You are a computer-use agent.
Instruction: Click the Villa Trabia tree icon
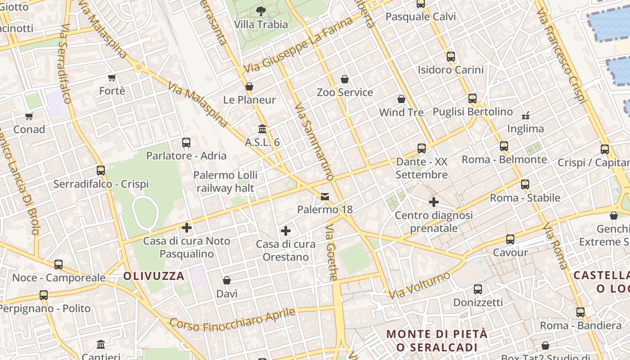coord(261,11)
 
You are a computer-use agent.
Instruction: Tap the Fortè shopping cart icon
coord(112,78)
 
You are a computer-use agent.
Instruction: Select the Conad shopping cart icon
coord(29,116)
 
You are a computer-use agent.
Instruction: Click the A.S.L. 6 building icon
coord(262,129)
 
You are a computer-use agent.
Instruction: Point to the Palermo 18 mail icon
coord(325,196)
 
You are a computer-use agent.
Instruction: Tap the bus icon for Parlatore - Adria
coord(186,143)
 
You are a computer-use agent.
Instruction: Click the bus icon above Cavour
coord(510,239)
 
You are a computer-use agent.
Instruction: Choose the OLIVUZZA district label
coord(154,276)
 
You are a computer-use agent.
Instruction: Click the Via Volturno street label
coord(419,285)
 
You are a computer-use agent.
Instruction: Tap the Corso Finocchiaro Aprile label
coord(233,319)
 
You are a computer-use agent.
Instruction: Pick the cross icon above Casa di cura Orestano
coord(285,231)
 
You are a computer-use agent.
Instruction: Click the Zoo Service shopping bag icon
coord(345,79)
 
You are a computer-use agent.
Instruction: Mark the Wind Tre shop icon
coord(401,99)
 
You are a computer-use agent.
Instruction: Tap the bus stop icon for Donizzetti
coord(478,289)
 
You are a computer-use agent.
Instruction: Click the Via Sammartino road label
coord(314,142)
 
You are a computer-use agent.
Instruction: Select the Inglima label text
coord(525,129)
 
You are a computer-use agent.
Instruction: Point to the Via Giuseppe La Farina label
coord(298,45)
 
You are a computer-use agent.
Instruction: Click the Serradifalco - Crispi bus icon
coord(101,171)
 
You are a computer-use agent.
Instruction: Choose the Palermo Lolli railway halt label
coord(225,181)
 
